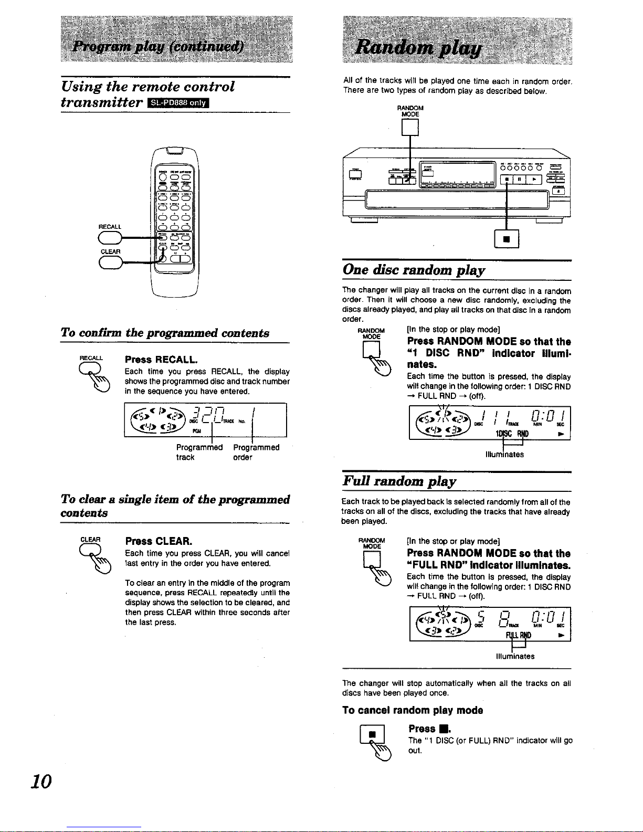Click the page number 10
(x=41, y=782)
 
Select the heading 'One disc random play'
(x=414, y=270)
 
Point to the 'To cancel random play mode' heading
(x=413, y=710)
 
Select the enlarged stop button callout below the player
(x=507, y=239)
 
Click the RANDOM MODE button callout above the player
(x=410, y=128)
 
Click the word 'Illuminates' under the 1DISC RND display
(x=504, y=455)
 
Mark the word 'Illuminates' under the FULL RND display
(x=515, y=656)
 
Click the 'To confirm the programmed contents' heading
(x=165, y=333)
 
